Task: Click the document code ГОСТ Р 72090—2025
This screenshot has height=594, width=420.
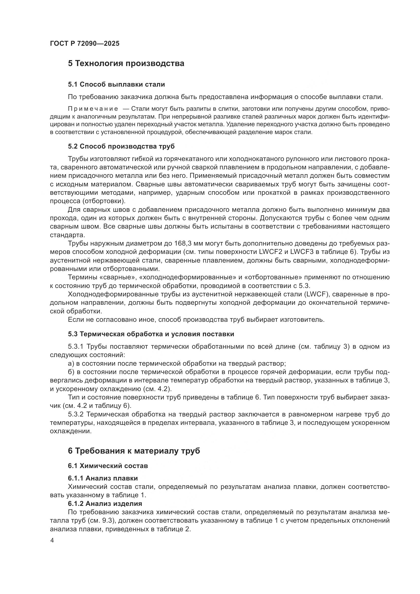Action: (x=85, y=43)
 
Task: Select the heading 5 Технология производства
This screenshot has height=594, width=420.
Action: (x=126, y=63)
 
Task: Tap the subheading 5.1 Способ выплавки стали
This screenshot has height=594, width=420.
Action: (x=116, y=84)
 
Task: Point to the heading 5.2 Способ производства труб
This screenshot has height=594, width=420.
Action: (x=121, y=147)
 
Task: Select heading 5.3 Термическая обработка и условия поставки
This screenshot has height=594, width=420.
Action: (x=151, y=334)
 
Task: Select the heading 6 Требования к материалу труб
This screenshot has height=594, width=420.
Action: (x=134, y=451)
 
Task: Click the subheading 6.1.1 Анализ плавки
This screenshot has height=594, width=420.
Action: (x=103, y=478)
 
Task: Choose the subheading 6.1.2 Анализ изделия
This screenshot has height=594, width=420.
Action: (x=105, y=503)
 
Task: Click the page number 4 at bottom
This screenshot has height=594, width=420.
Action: (x=52, y=541)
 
